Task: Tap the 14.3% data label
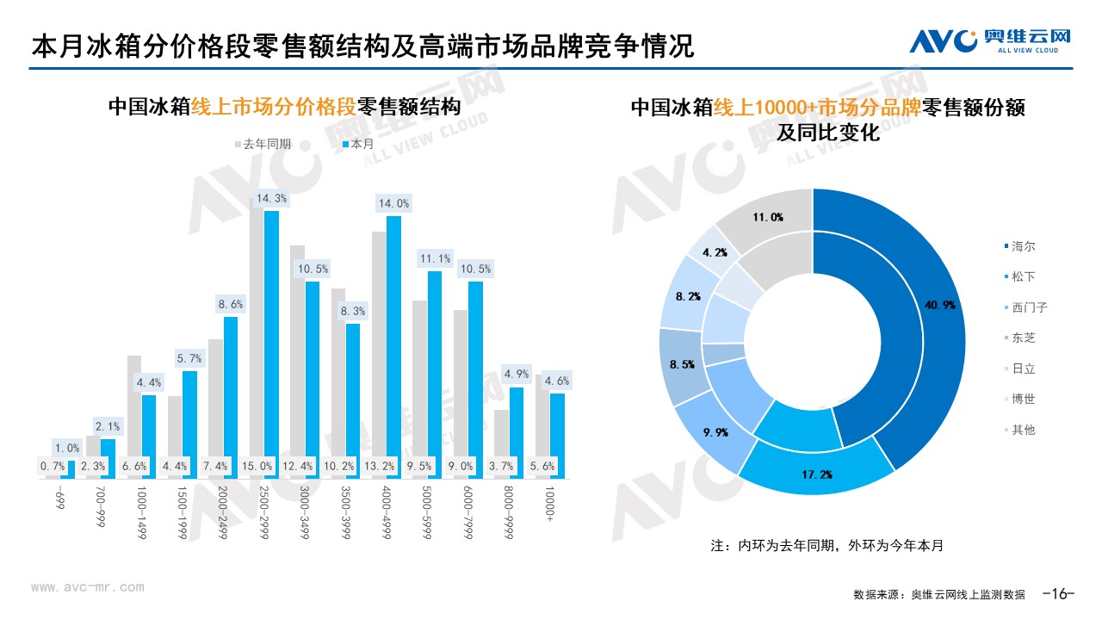tap(272, 199)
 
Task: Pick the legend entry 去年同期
tap(263, 144)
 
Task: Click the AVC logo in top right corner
tap(990, 40)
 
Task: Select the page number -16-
tap(1059, 593)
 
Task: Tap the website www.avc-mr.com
tap(88, 587)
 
